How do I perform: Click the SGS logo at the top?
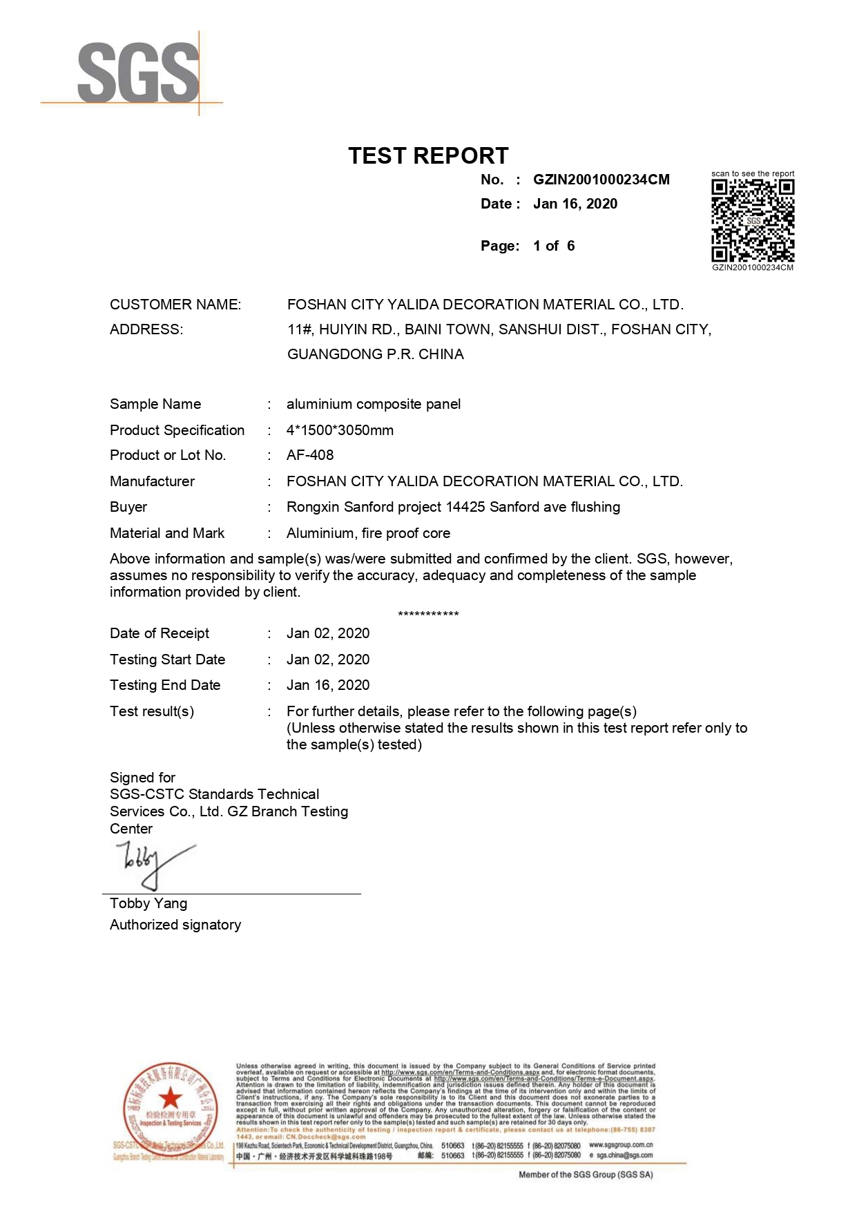[137, 73]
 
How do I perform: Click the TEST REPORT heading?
[428, 156]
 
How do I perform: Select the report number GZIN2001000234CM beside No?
[601, 180]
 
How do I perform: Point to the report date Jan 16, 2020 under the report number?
[575, 204]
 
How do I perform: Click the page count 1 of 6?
[553, 246]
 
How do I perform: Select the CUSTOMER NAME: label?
[175, 305]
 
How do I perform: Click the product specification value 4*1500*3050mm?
[340, 430]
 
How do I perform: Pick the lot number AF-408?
[310, 455]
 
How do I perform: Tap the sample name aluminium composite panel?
[373, 404]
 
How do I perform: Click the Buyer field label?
[128, 507]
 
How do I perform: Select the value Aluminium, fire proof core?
[368, 533]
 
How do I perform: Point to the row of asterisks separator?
[428, 614]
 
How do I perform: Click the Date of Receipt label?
[160, 633]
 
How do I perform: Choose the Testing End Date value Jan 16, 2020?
[328, 685]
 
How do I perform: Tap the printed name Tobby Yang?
[148, 903]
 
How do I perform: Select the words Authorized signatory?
[175, 925]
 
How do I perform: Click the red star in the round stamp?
[170, 1097]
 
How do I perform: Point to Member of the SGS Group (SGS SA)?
[586, 1175]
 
